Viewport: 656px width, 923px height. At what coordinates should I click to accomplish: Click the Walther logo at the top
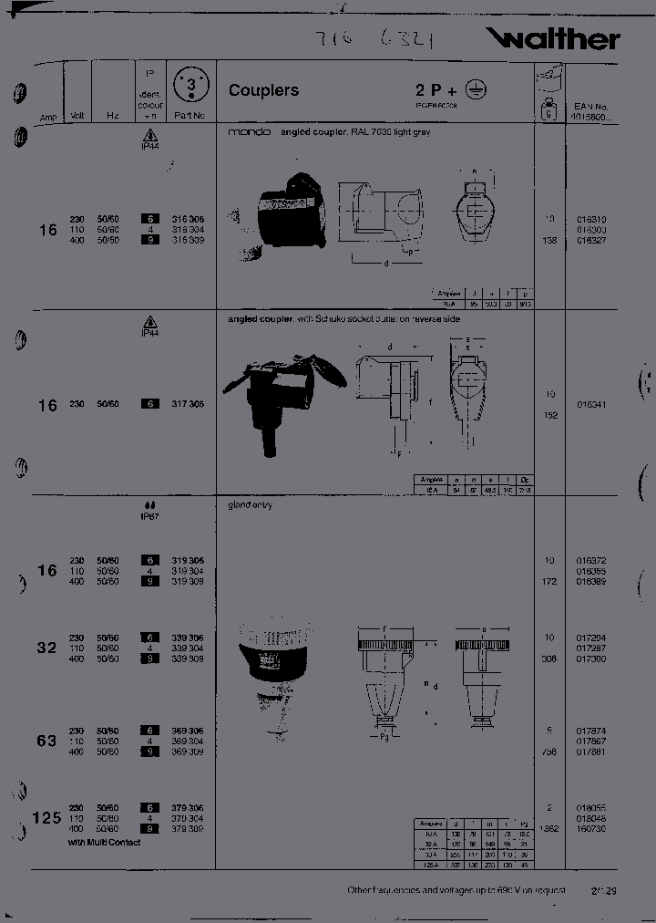(x=553, y=38)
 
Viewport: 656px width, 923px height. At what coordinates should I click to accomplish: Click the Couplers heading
(x=263, y=90)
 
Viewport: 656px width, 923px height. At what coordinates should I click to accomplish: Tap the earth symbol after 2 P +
(x=476, y=88)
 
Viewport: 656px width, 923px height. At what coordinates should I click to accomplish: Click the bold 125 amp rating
(x=47, y=817)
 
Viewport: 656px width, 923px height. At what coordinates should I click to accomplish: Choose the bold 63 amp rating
(x=46, y=741)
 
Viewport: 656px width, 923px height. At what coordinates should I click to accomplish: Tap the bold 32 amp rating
(x=46, y=648)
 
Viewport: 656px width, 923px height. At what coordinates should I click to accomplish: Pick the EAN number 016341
(x=591, y=404)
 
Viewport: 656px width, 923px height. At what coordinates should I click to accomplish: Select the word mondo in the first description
(x=249, y=132)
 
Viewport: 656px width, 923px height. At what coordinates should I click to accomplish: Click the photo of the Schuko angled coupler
(x=283, y=390)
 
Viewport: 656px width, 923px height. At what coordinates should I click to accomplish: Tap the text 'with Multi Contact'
(x=105, y=843)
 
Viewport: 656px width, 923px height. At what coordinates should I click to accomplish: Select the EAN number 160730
(x=591, y=829)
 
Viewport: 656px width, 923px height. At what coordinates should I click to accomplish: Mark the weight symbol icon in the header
(x=548, y=112)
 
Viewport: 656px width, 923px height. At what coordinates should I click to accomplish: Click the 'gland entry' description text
(x=250, y=504)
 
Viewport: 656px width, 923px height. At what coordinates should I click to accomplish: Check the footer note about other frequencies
(x=456, y=890)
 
